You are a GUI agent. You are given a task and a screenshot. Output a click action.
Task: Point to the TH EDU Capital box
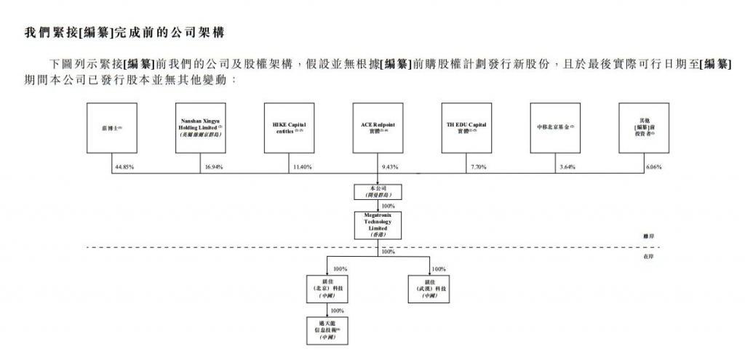466,127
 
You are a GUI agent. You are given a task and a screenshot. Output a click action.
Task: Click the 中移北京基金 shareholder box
555,127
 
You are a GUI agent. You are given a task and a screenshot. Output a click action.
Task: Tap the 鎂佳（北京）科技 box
327,289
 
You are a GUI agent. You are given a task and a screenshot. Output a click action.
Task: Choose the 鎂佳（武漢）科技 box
428,289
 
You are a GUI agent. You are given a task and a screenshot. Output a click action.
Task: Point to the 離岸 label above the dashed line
648,237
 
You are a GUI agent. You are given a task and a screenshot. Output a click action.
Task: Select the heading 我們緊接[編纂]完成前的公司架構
124,33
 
